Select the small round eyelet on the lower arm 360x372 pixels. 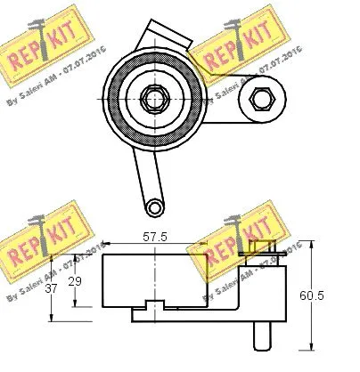pyautogui.click(x=154, y=206)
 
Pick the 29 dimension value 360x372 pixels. pyautogui.click(x=78, y=281)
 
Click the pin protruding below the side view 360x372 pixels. pyautogui.click(x=263, y=336)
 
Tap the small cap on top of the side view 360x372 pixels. pyautogui.click(x=258, y=247)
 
